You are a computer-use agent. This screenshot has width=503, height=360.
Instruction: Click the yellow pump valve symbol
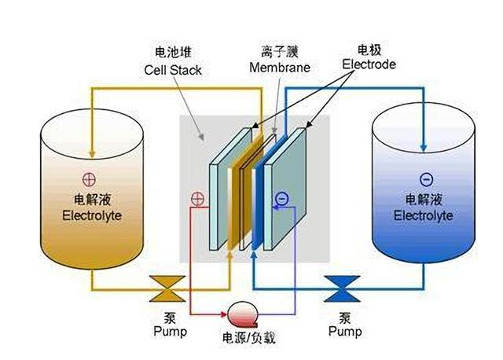point(168,288)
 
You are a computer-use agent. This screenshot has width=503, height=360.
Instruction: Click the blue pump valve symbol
point(341,288)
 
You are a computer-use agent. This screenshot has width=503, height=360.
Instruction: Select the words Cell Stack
point(173,70)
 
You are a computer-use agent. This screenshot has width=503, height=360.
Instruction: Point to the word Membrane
point(279,68)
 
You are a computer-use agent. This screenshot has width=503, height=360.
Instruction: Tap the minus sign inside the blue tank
point(426,178)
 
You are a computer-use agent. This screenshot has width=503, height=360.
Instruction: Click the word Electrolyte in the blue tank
point(424,215)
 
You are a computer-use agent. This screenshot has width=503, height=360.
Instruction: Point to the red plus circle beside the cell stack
point(198,200)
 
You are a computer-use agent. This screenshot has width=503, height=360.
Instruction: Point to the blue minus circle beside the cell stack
point(281,200)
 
